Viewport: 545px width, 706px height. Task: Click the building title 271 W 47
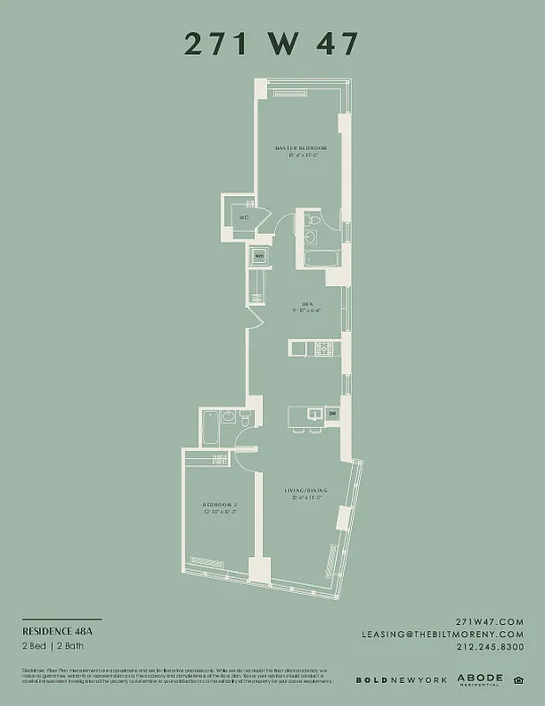click(x=272, y=43)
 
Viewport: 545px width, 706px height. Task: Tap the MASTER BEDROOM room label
click(x=301, y=146)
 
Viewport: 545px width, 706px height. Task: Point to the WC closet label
click(x=243, y=217)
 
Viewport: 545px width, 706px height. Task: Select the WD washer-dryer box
click(x=259, y=257)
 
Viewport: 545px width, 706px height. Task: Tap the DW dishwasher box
click(x=332, y=413)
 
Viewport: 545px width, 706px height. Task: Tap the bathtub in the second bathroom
click(x=209, y=430)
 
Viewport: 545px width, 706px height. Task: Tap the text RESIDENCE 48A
click(x=56, y=632)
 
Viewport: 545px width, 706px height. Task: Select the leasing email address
click(x=455, y=635)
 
